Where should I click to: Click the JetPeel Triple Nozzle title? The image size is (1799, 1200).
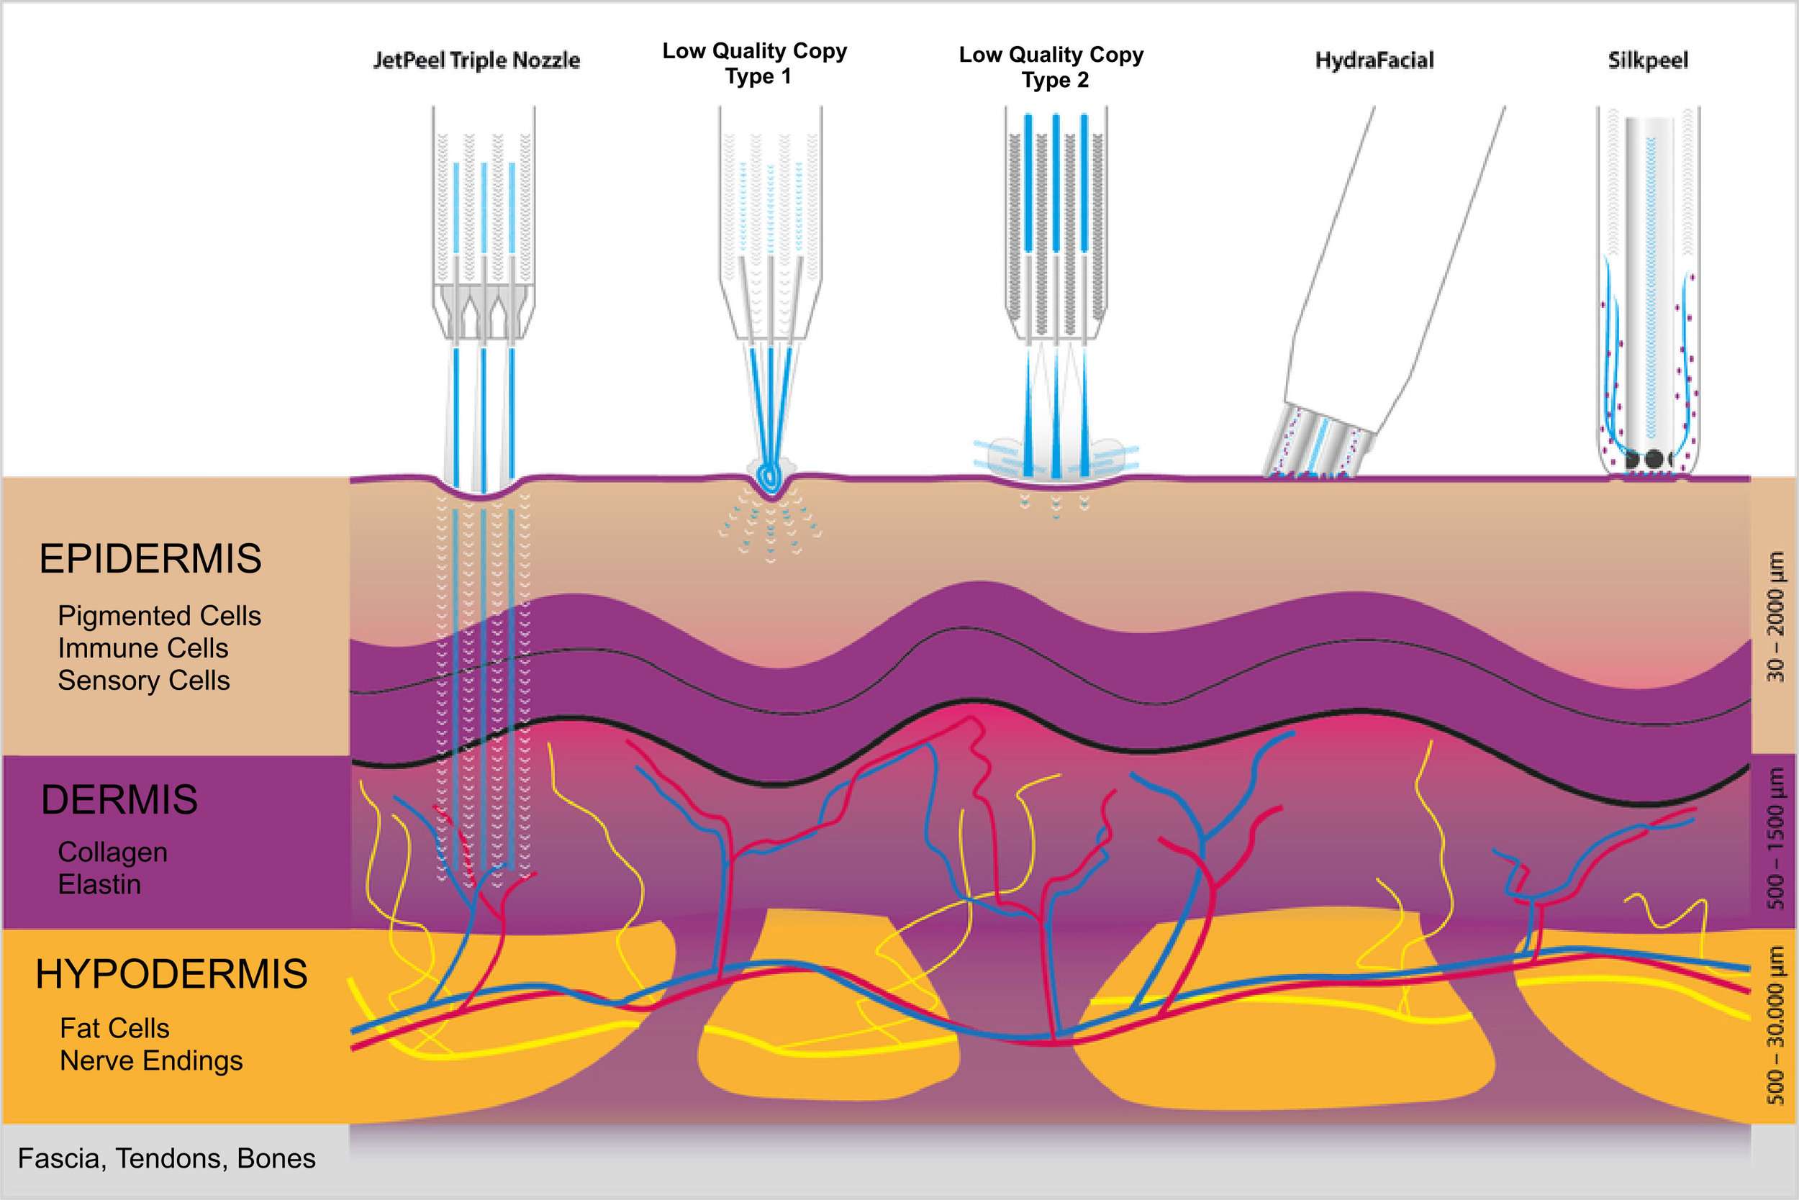pos(476,60)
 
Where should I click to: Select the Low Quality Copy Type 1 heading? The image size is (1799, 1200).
pos(755,63)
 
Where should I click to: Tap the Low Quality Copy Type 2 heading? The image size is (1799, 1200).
pos(1051,68)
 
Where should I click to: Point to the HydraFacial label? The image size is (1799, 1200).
pos(1374,60)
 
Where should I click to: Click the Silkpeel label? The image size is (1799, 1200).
pos(1647,60)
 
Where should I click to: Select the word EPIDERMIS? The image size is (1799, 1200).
pos(150,559)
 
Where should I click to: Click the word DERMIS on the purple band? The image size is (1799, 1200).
pos(119,800)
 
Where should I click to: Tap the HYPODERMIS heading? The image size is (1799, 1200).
pos(171,974)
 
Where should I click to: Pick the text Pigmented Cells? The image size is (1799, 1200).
pos(159,616)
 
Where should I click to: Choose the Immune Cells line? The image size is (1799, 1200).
pos(143,648)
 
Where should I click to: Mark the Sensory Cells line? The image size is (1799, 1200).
pos(144,681)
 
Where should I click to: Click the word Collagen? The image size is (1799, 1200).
pos(112,852)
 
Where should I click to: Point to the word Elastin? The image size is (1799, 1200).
pos(99,885)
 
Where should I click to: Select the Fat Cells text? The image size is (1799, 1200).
pos(115,1028)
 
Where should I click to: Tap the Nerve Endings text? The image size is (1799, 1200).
pos(152,1060)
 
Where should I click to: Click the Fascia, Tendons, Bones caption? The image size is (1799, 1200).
pos(167,1159)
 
